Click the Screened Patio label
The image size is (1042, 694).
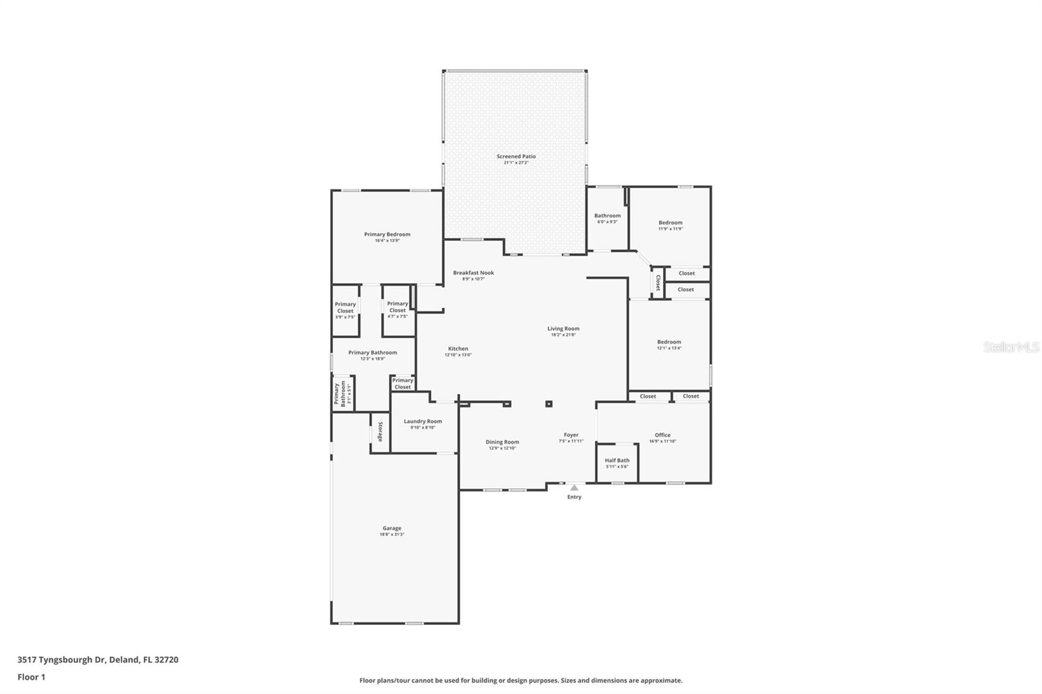click(x=516, y=156)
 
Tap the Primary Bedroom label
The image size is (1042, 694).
click(x=387, y=234)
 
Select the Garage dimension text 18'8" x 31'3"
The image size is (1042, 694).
click(x=392, y=534)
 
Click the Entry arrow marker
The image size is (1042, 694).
click(x=574, y=487)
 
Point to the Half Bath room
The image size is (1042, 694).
click(x=617, y=463)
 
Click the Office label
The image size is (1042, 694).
click(x=662, y=435)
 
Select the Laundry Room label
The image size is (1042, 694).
click(x=423, y=421)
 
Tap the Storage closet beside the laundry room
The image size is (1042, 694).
click(x=380, y=432)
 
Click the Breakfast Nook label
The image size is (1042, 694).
click(x=473, y=273)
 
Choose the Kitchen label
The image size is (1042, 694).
click(x=458, y=348)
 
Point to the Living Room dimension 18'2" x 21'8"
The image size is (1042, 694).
click(x=563, y=335)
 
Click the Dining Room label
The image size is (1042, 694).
click(x=502, y=442)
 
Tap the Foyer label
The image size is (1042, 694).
click(x=571, y=435)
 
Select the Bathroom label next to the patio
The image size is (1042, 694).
click(x=607, y=215)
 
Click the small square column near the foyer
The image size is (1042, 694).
click(x=549, y=404)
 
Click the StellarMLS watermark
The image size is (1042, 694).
click(x=1011, y=348)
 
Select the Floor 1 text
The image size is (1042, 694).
click(x=31, y=677)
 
